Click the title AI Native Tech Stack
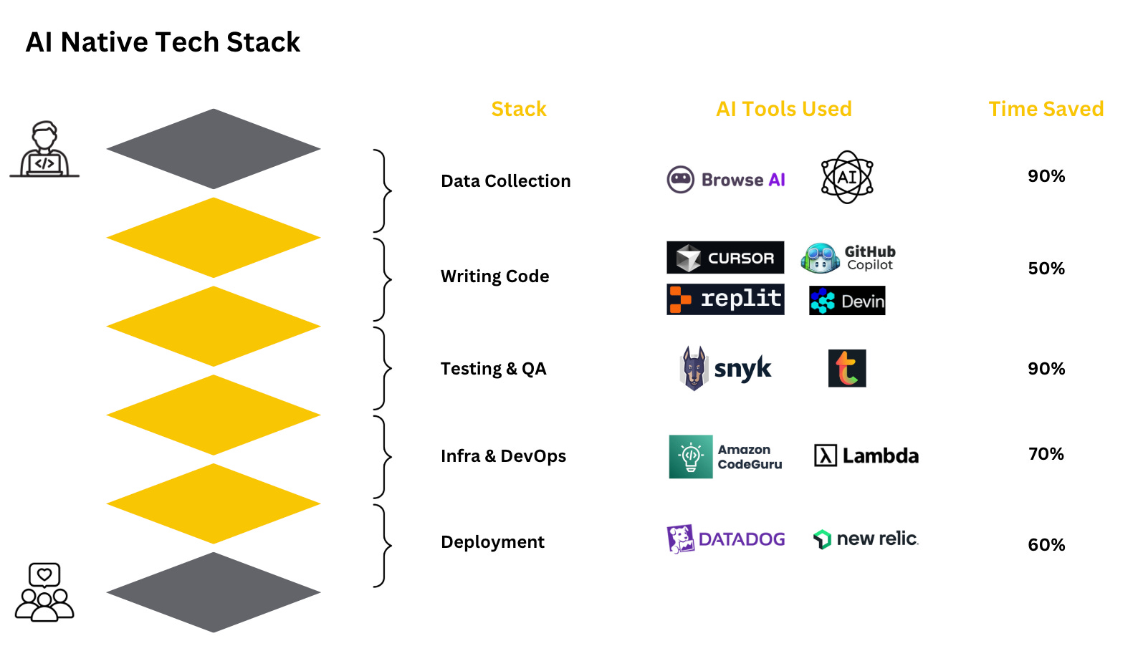163,42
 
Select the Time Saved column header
1046,109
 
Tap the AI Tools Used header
783,109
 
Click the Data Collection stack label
505,181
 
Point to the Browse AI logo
726,180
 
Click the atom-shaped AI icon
847,177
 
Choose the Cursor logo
725,258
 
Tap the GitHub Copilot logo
848,258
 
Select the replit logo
725,299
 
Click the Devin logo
847,301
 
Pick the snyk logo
725,369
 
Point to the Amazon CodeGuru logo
725,457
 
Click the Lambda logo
866,455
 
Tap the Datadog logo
725,539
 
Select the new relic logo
866,539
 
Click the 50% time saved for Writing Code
1046,269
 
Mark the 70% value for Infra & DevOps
1046,454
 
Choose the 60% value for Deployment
1046,545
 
